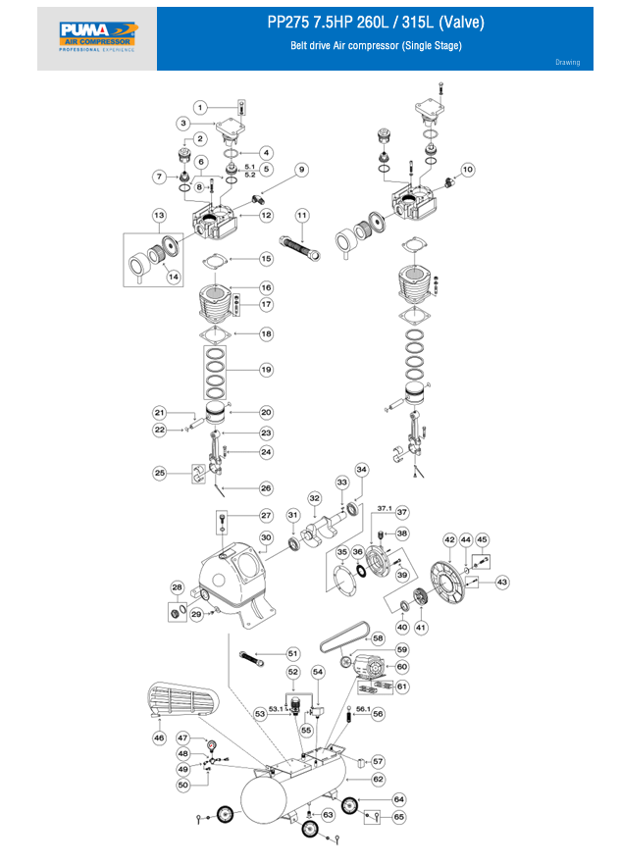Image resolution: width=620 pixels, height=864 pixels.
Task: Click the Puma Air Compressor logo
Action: click(97, 38)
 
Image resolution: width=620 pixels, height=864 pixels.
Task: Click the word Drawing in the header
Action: click(567, 63)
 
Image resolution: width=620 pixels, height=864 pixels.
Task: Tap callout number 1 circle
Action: click(200, 107)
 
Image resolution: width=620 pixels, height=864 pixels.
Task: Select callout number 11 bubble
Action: click(302, 214)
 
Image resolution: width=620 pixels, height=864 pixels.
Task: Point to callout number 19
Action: click(265, 370)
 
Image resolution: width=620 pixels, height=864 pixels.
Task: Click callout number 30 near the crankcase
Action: click(265, 536)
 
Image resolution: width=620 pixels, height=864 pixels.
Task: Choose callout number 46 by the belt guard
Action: click(158, 737)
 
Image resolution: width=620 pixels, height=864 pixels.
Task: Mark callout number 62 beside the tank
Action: click(378, 779)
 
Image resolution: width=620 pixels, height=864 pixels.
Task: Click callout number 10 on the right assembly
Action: click(467, 170)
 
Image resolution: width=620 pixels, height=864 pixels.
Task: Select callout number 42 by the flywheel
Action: click(449, 539)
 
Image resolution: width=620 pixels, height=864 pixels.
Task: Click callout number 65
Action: click(398, 816)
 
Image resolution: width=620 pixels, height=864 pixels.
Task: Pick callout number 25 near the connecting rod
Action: click(159, 473)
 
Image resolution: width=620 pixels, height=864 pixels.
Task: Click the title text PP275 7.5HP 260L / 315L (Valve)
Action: click(376, 23)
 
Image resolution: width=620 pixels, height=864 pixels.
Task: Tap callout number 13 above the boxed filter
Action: click(158, 215)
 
